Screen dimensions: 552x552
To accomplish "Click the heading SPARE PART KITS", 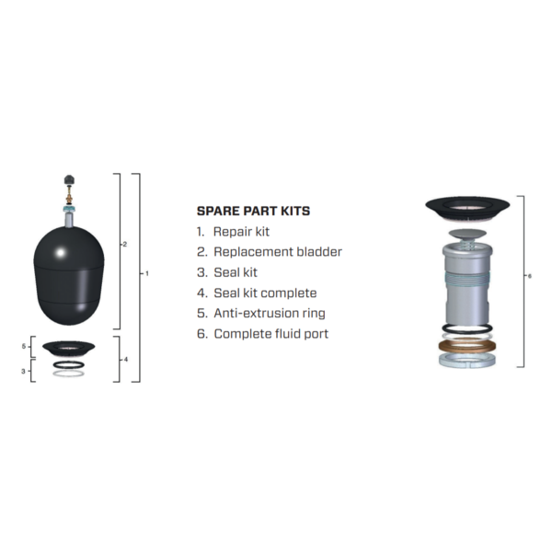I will coord(253,211).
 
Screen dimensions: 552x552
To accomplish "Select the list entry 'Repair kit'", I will coord(241,232).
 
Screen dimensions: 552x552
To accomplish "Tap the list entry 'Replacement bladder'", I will coord(277,252).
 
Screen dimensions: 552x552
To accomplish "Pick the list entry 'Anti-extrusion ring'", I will coord(269,313).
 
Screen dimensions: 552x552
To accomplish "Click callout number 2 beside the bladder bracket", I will coord(124,244).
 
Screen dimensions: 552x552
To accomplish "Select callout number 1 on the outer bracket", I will coord(145,273).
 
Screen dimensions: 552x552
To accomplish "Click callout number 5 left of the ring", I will coord(26,346).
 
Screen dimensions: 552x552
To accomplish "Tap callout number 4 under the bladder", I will coord(125,358).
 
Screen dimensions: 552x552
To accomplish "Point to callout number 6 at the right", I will coord(529,275).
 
